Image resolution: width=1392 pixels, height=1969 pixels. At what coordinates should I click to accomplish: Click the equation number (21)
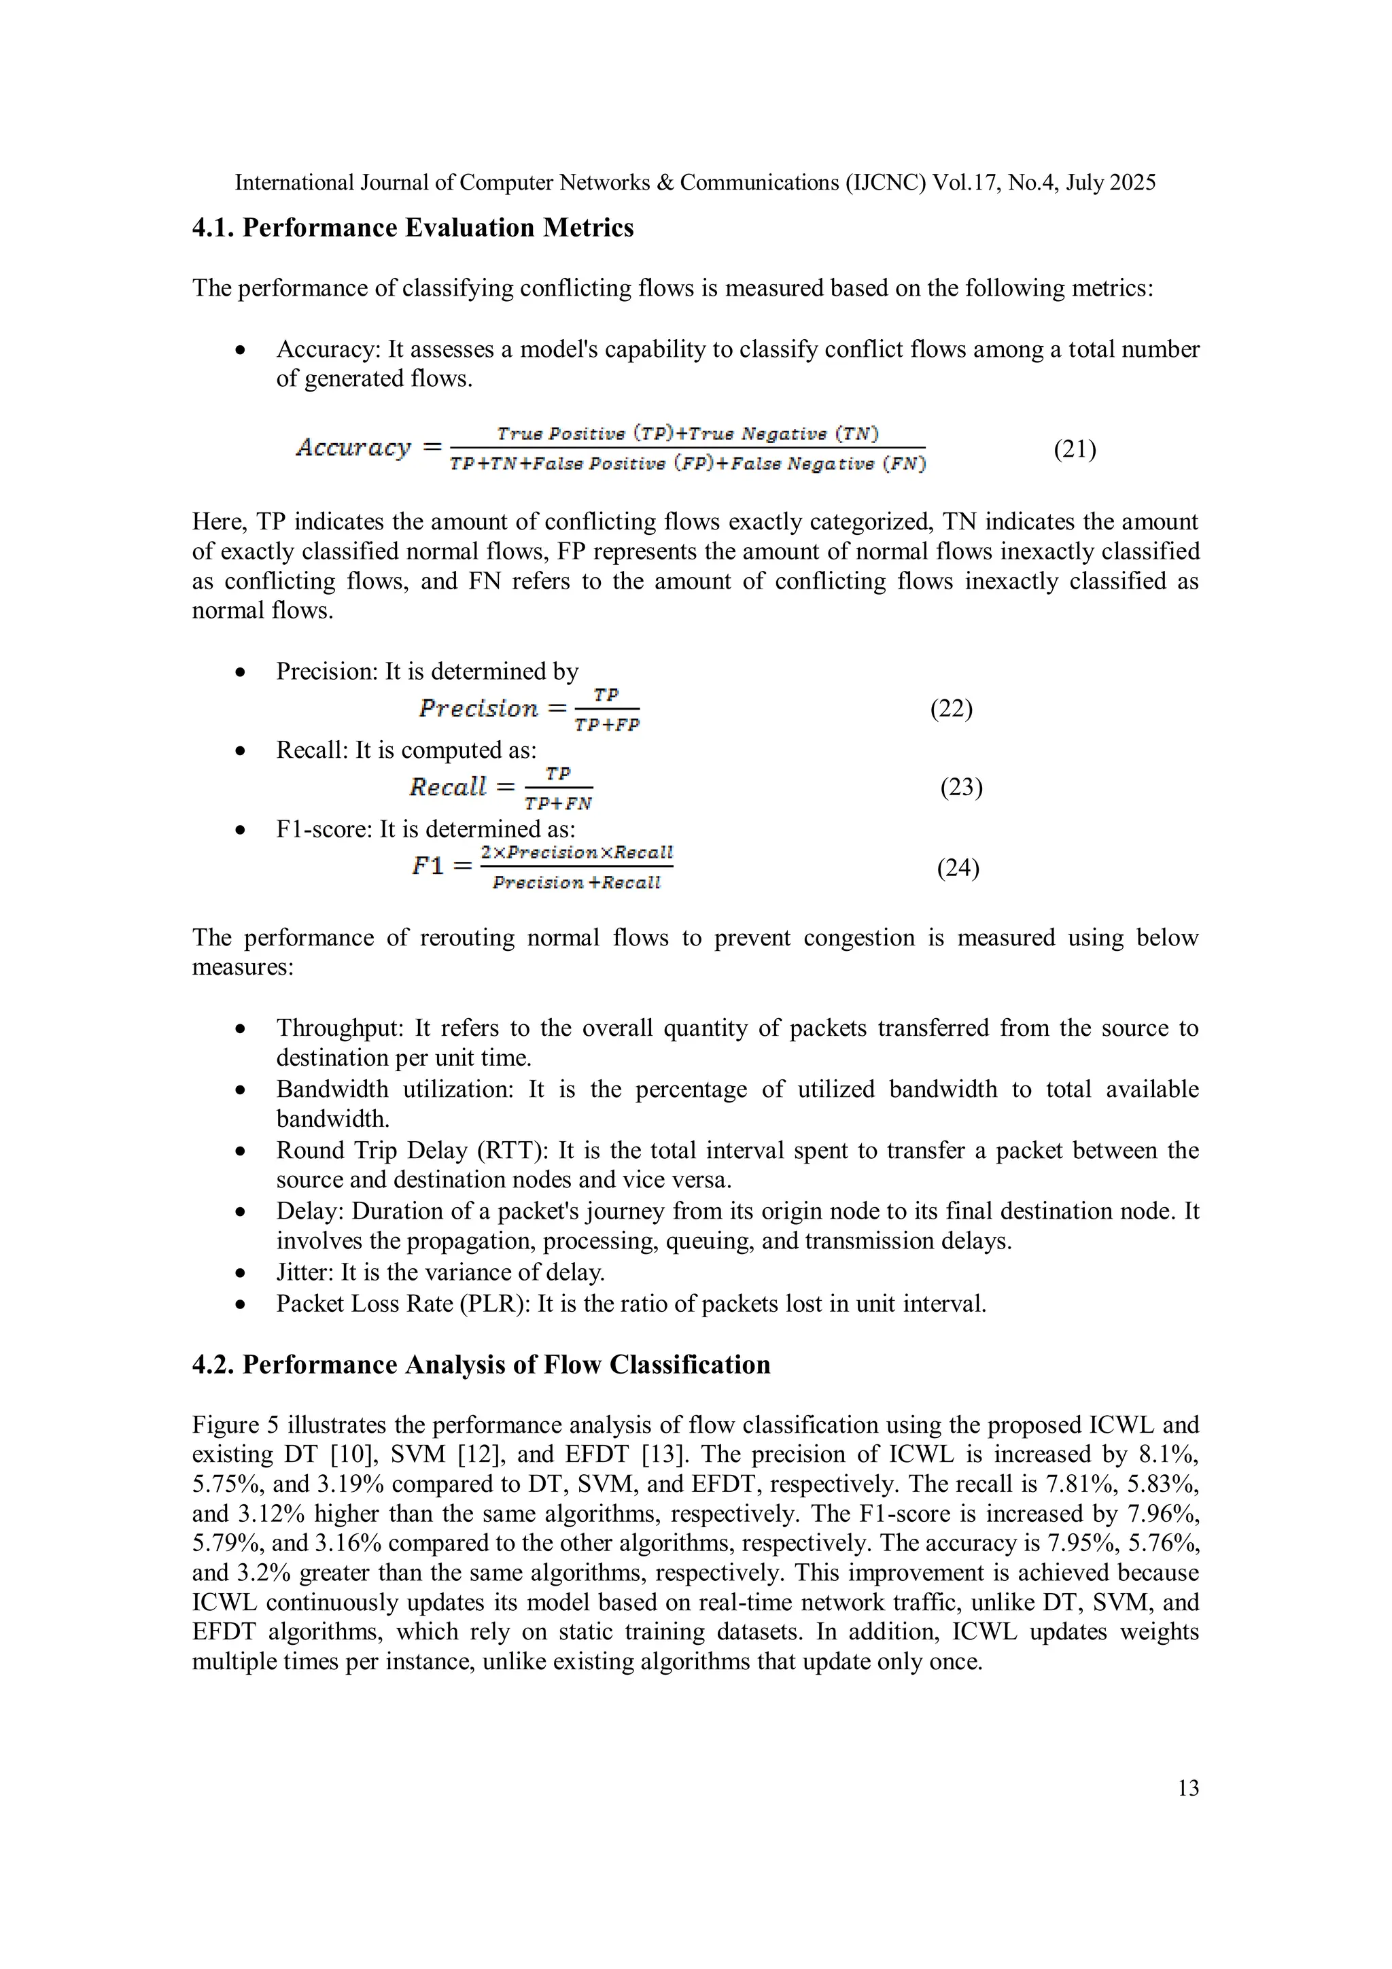[1075, 449]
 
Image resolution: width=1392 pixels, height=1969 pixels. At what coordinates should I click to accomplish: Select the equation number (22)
[951, 708]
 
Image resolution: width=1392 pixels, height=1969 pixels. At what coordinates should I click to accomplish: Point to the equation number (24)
[958, 868]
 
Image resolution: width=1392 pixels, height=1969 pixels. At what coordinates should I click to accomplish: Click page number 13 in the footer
[1188, 1788]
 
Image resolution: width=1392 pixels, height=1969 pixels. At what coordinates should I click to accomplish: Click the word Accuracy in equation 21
[353, 448]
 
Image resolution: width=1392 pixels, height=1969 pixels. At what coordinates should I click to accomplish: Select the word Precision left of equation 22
[478, 708]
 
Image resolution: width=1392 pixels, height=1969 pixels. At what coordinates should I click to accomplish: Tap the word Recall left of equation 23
[448, 787]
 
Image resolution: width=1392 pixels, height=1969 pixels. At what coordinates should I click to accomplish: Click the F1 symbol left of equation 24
[428, 866]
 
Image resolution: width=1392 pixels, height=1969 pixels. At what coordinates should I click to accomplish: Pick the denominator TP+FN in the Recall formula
[558, 803]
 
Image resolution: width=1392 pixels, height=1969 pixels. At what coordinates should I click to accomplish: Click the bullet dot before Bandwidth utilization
[241, 1091]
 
